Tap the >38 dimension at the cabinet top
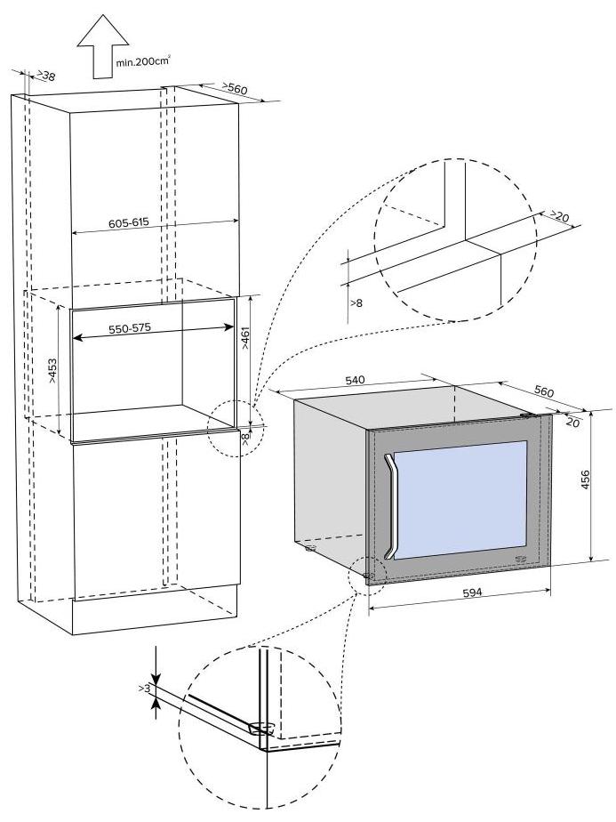click(41, 77)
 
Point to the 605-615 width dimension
click(128, 222)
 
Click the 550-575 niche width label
click(130, 327)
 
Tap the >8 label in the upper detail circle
click(356, 303)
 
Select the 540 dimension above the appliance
click(355, 380)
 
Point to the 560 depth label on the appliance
click(543, 391)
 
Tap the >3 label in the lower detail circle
click(144, 689)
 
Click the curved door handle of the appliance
click(389, 505)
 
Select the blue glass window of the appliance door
click(462, 503)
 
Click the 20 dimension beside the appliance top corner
click(572, 423)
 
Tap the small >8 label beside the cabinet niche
click(245, 435)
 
